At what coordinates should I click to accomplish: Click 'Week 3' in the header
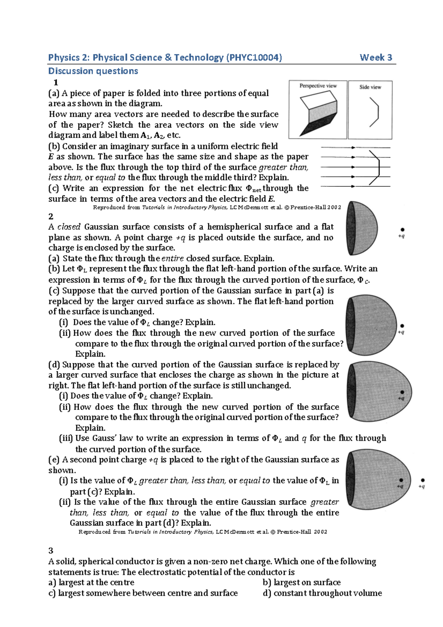[x=375, y=58]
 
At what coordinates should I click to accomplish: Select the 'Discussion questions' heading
[x=93, y=71]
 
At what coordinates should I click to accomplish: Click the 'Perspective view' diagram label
[x=318, y=86]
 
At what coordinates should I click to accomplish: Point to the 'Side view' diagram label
[x=370, y=87]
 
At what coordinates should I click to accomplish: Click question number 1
[x=56, y=82]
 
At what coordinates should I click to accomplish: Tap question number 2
[x=51, y=216]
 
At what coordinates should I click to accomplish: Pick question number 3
[x=51, y=551]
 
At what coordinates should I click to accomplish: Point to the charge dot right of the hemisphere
[x=402, y=230]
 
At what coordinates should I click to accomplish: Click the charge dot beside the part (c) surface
[x=402, y=326]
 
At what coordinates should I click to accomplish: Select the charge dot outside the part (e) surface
[x=423, y=480]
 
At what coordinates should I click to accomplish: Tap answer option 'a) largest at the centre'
[x=91, y=582]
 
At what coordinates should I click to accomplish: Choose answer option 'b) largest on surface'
[x=301, y=582]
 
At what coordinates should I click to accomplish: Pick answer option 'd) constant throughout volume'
[x=322, y=593]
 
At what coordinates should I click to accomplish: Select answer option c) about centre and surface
[x=143, y=593]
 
